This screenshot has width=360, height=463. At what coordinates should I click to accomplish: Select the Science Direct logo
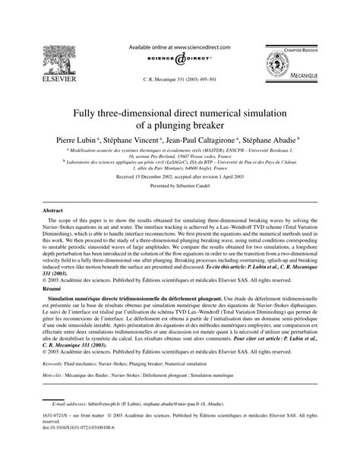tap(180, 60)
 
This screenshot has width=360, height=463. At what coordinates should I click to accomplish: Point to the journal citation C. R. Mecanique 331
tap(179, 79)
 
